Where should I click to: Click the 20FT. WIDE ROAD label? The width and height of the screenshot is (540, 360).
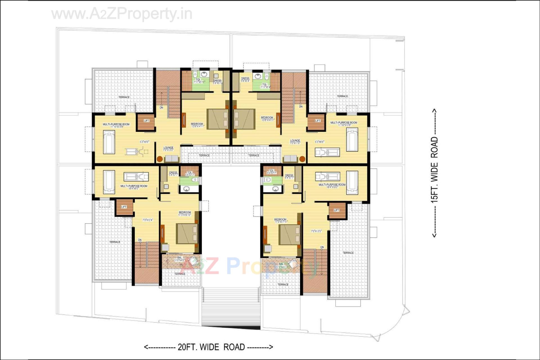[x=208, y=347]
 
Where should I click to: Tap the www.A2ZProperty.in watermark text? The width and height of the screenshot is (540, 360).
[x=122, y=14]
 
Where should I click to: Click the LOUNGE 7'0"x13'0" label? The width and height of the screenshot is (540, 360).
[x=168, y=149]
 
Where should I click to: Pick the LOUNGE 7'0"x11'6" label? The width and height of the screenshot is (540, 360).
[x=295, y=141]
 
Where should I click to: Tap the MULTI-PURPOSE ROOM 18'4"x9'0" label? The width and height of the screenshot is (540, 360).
[x=134, y=187]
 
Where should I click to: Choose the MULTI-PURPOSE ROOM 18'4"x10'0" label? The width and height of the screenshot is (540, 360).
[x=332, y=186]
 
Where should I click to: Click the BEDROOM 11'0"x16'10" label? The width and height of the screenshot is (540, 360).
[x=185, y=213]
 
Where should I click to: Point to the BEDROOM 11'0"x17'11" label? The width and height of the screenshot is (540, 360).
[x=280, y=220]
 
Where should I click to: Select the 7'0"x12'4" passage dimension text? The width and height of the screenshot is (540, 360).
[x=147, y=220]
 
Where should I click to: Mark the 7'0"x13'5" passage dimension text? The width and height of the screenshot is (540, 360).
[x=316, y=231]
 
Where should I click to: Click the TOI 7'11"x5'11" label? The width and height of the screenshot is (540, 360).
[x=199, y=81]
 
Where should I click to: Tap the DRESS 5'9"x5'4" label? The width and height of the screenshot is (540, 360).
[x=245, y=80]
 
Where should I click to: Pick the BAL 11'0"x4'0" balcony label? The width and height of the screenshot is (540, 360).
[x=179, y=259]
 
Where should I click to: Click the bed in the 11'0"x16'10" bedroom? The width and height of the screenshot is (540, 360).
[x=187, y=233]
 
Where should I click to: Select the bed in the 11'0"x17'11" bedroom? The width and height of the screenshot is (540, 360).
[x=289, y=235]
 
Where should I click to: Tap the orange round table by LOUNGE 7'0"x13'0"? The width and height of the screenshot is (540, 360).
[x=159, y=159]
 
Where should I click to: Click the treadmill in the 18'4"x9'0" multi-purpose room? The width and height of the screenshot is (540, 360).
[x=136, y=177]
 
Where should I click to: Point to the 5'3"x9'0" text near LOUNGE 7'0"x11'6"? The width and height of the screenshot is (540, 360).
[x=319, y=142]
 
